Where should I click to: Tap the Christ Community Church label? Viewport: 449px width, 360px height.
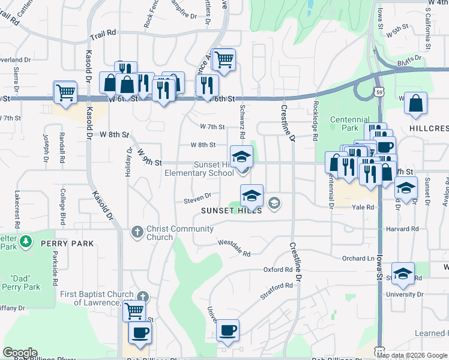tap(180, 233)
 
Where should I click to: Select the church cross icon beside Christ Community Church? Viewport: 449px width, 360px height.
tap(137, 231)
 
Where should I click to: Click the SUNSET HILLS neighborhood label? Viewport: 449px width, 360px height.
tap(232, 211)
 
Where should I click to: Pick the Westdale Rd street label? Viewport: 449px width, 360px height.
tap(234, 247)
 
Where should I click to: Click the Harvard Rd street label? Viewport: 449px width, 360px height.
tap(402, 229)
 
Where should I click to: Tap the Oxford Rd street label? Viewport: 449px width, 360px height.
tap(278, 270)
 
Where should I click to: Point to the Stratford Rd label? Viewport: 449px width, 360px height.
tap(276, 292)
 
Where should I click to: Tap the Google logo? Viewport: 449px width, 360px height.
tap(20, 353)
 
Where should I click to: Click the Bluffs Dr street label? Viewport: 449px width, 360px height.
tap(411, 62)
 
